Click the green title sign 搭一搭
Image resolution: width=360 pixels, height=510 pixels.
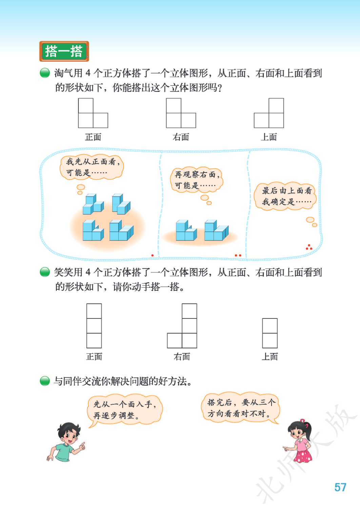(x=64, y=51)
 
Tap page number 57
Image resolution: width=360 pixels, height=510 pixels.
(x=340, y=487)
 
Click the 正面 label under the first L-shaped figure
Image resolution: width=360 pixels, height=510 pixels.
(x=93, y=137)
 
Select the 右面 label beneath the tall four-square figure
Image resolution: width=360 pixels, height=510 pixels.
(x=182, y=356)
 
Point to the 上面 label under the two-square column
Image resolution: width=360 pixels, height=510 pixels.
(x=269, y=356)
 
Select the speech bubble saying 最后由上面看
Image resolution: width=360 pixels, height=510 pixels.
(x=285, y=196)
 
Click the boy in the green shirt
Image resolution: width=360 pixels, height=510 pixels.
(x=66, y=442)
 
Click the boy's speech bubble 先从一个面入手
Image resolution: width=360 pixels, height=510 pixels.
(x=125, y=410)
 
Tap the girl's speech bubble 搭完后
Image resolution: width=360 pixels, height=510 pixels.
(x=240, y=408)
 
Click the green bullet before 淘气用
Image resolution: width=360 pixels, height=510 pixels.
(x=45, y=73)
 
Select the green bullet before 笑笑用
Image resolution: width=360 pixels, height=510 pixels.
(x=45, y=272)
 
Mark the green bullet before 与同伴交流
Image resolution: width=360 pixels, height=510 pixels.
(x=45, y=381)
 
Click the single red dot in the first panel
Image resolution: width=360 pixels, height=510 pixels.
(x=153, y=255)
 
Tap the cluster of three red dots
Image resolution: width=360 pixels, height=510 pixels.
(x=309, y=247)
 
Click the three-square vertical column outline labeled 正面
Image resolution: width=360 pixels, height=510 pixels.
(x=94, y=326)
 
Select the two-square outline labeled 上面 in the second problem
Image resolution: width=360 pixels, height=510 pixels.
(x=270, y=333)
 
